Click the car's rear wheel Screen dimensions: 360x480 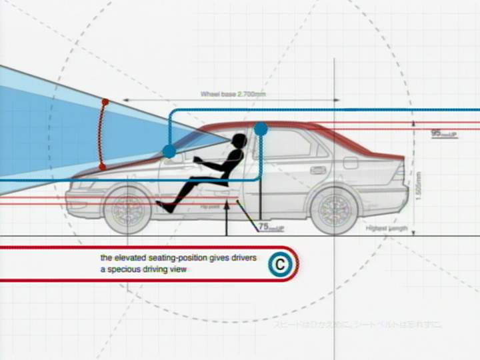[334, 211]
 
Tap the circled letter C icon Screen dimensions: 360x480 [280, 265]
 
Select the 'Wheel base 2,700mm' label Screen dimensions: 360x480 [233, 95]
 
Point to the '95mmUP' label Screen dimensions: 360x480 [444, 133]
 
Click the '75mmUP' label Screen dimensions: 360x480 [271, 227]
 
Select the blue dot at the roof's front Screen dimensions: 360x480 [261, 129]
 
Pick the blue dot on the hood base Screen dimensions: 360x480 [169, 151]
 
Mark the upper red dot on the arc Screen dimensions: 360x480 [105, 102]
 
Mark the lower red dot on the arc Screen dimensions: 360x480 [102, 166]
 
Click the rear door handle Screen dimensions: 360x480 [318, 170]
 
